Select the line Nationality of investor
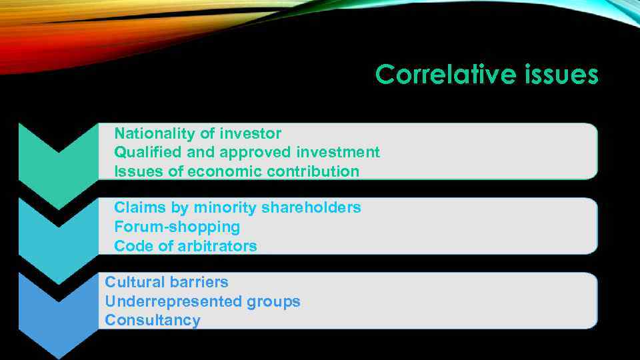coord(198,133)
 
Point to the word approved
coord(255,153)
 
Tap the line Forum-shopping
coord(177,227)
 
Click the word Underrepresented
coord(173,301)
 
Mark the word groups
coord(273,301)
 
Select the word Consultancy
coord(153,320)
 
